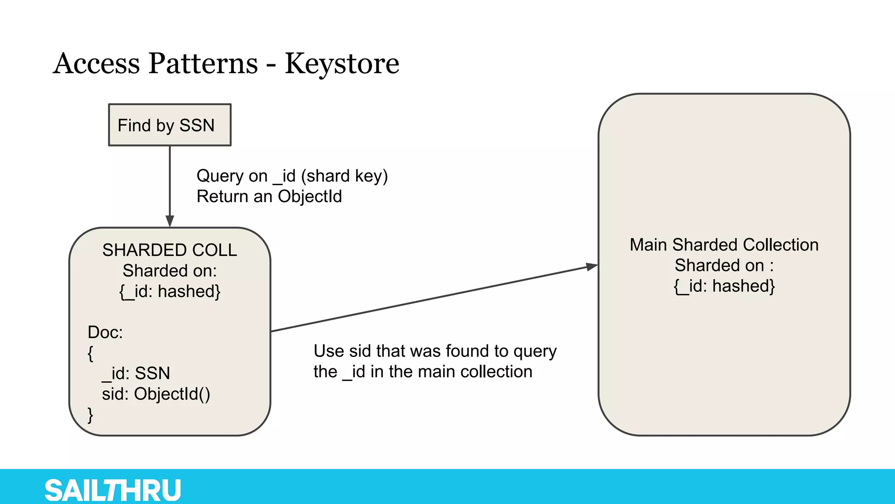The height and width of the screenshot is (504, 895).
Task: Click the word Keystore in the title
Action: (342, 64)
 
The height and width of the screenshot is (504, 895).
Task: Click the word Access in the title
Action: (97, 64)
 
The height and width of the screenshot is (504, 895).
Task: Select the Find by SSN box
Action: (170, 125)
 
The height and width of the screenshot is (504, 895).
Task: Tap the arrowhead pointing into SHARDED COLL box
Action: (170, 221)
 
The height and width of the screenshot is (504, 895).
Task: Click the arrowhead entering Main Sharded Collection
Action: (592, 266)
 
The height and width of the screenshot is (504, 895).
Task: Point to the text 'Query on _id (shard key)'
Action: (292, 176)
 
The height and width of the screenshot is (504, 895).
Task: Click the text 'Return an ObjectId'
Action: (269, 196)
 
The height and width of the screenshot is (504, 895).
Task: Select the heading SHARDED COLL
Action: (170, 250)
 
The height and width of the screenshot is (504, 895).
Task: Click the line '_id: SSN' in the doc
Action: (136, 373)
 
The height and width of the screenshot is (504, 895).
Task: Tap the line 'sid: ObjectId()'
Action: (156, 394)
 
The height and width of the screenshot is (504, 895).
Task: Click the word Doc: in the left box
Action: (105, 332)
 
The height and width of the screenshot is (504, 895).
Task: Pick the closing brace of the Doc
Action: (90, 414)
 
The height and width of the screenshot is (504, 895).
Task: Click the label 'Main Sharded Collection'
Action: (724, 245)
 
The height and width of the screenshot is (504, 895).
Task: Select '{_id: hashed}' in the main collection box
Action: (724, 286)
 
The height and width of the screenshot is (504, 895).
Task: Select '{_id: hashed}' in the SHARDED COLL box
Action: (170, 291)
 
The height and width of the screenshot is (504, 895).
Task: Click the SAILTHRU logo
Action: (113, 490)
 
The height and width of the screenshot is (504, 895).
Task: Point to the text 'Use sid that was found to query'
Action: (435, 351)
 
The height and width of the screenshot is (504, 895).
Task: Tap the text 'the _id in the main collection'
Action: (423, 372)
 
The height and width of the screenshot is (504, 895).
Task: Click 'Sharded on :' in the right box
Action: (724, 266)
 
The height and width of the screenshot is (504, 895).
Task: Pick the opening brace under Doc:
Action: (90, 353)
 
